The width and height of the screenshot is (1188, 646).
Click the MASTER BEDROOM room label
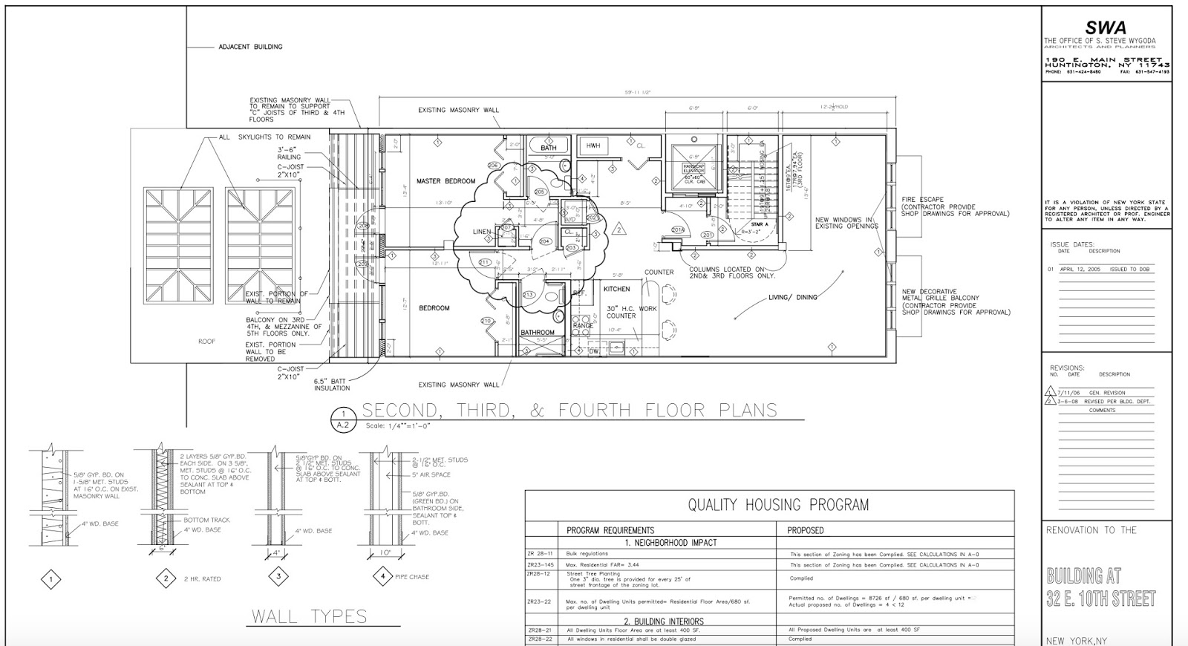click(x=446, y=181)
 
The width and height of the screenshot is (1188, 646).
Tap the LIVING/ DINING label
click(x=792, y=297)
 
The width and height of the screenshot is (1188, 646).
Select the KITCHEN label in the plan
click(x=616, y=289)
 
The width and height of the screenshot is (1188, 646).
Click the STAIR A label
click(x=759, y=224)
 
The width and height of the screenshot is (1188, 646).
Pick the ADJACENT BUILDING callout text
click(x=250, y=47)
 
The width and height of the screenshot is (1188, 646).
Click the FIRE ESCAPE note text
click(x=922, y=199)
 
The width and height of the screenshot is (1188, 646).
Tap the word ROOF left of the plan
click(x=206, y=342)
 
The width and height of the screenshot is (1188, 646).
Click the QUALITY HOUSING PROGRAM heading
click(x=777, y=505)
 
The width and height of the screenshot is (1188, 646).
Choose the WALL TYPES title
click(x=309, y=616)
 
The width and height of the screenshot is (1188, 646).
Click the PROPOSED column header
click(x=806, y=531)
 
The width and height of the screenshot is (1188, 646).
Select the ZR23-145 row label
click(x=541, y=565)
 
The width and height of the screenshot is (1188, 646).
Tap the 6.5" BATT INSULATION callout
click(x=332, y=384)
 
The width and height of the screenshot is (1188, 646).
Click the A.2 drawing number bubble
click(x=342, y=425)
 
